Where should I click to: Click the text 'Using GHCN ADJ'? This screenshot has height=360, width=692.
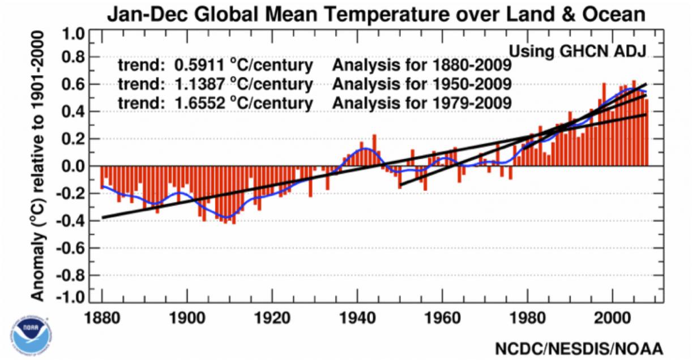coord(578,51)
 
